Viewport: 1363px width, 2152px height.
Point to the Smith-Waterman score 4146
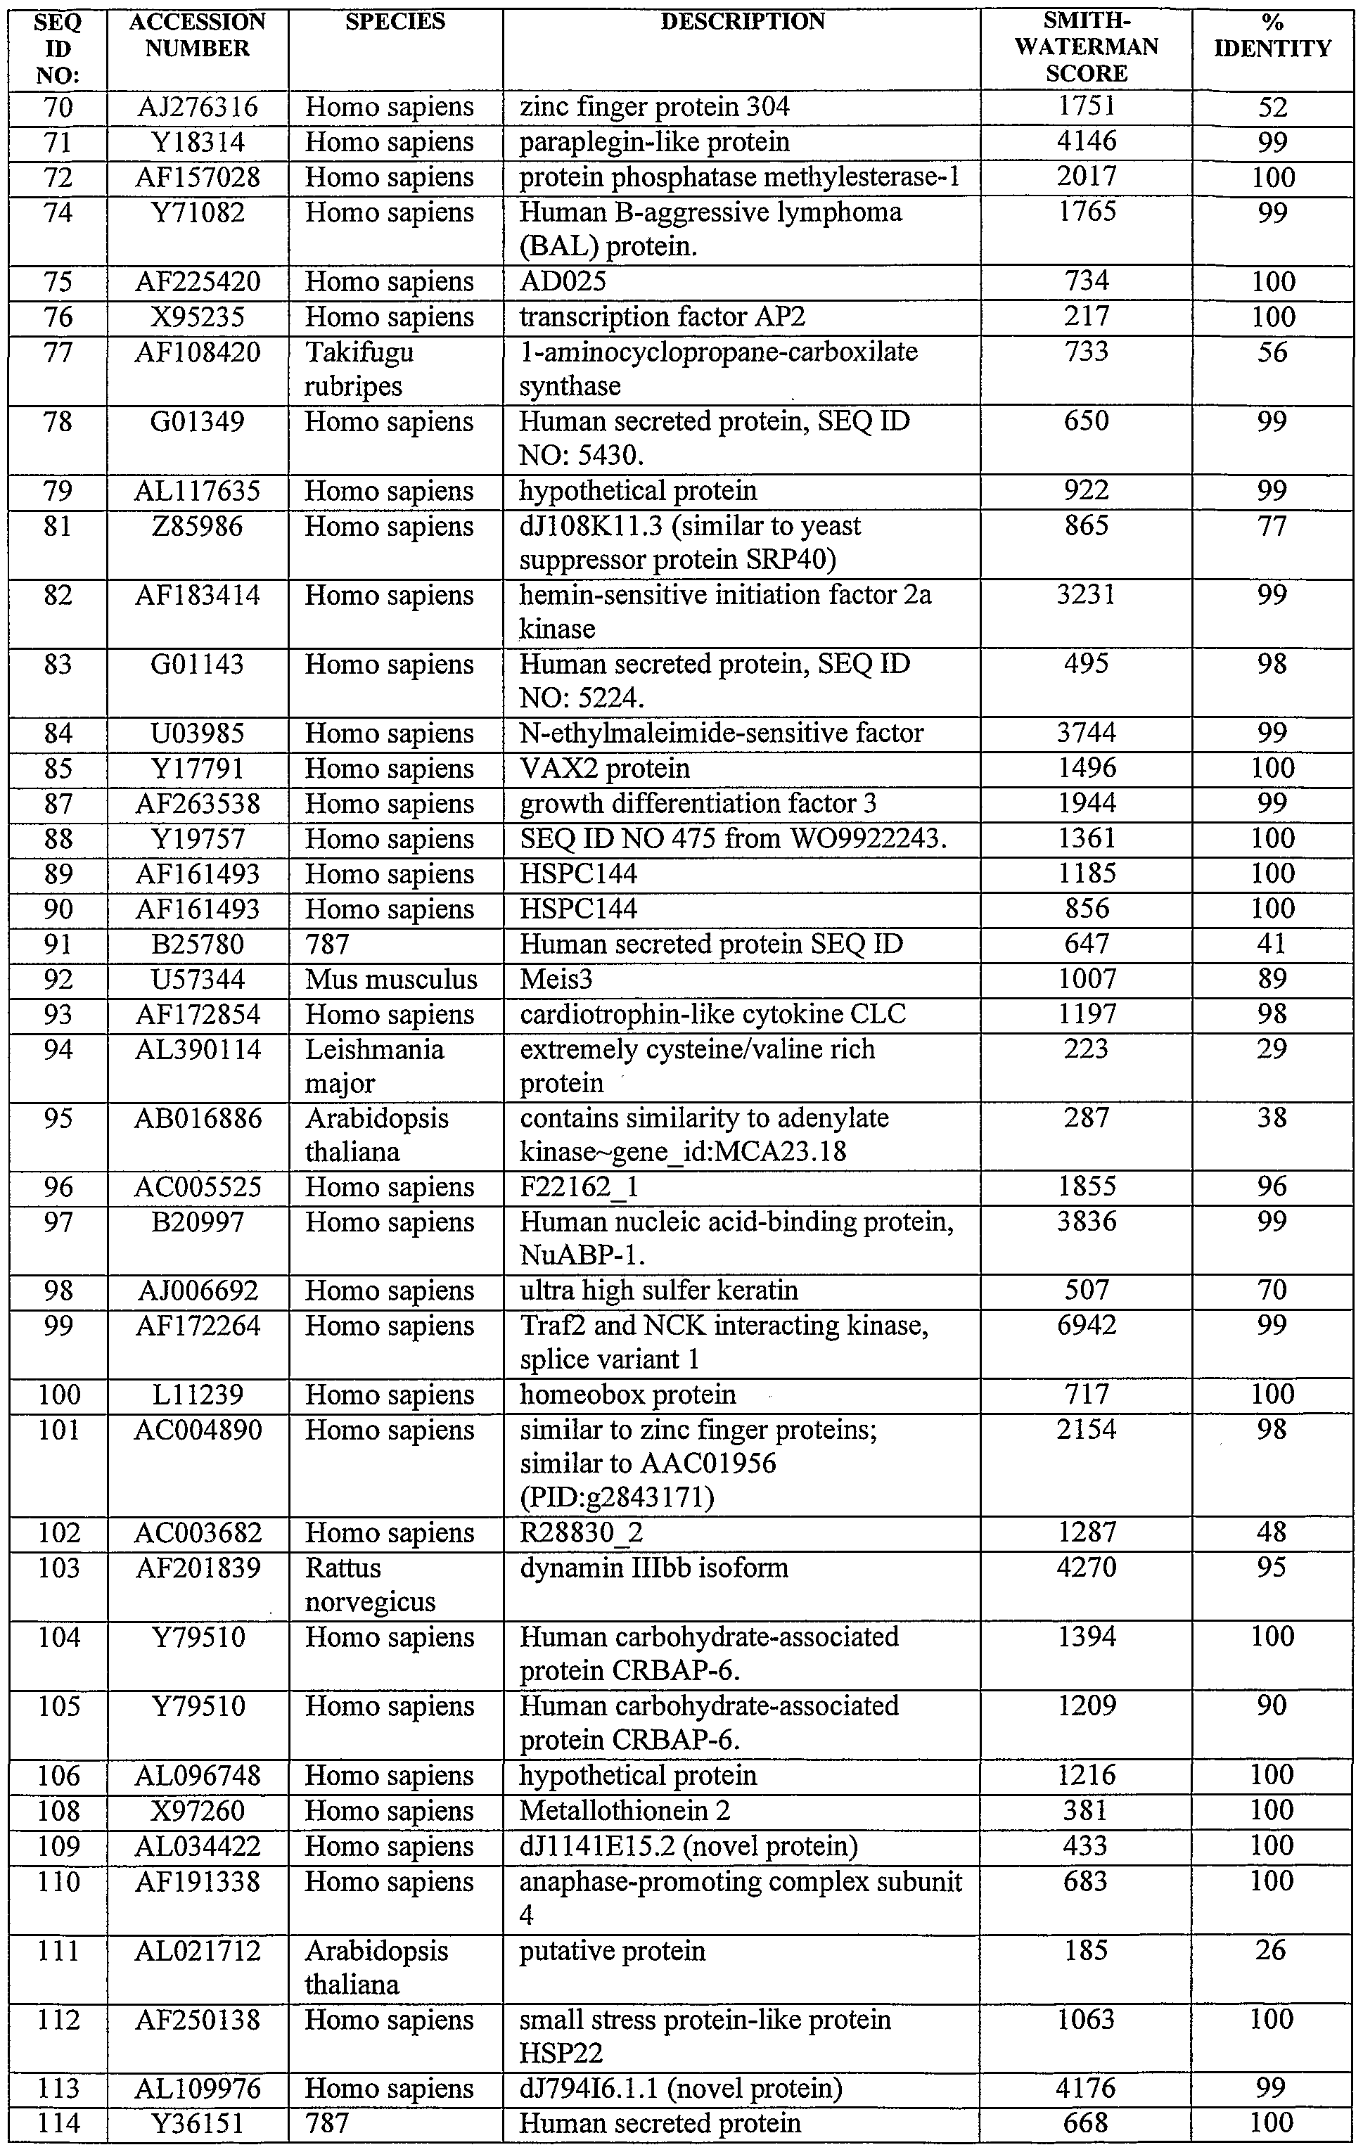[x=1086, y=141]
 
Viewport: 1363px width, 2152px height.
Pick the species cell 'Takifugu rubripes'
[x=359, y=369]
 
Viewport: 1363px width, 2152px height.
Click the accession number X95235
[x=198, y=317]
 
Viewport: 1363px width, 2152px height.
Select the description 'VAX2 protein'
[x=604, y=769]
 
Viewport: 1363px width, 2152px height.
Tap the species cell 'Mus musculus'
[x=390, y=980]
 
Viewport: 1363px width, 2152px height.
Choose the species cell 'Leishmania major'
[x=374, y=1066]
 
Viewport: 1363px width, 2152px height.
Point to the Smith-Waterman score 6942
[x=1086, y=1326]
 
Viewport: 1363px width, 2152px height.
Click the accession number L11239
[x=198, y=1395]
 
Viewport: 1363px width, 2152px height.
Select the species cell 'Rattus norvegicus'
[x=370, y=1584]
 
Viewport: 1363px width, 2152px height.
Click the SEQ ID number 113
[x=58, y=2089]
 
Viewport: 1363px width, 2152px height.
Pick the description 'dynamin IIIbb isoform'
[x=653, y=1568]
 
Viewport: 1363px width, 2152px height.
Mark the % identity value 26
[x=1272, y=1950]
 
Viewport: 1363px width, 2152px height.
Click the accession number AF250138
[x=198, y=2020]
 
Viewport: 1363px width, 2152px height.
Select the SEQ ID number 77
[x=58, y=352]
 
